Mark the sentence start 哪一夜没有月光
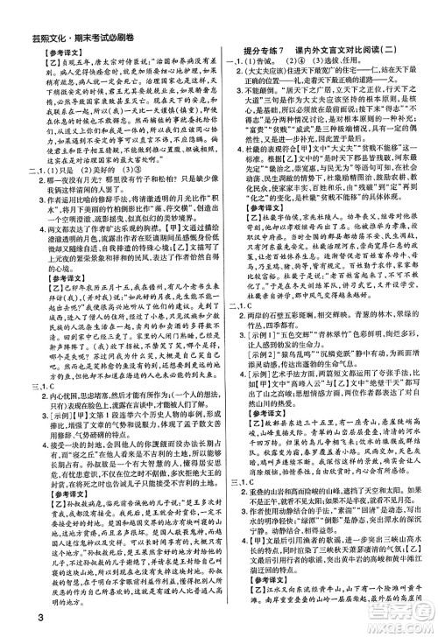[61, 206]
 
